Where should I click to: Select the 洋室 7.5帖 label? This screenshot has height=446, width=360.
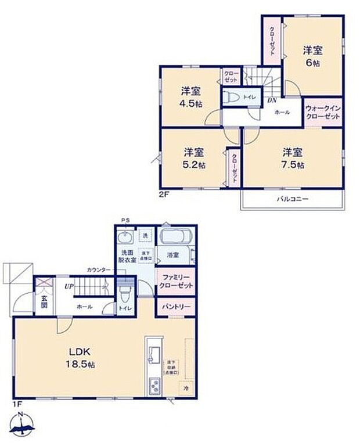293,158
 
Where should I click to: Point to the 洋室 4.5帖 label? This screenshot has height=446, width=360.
191,97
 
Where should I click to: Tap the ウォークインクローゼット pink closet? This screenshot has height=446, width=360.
323,112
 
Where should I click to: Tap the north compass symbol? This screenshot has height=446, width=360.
21,427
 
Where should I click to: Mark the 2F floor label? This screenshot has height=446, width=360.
163,195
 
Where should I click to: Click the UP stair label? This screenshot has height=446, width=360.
69,286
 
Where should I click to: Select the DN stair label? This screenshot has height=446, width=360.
271,100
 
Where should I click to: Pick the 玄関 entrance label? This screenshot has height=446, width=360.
44,303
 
